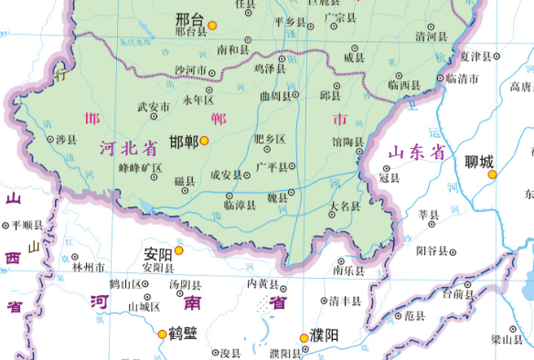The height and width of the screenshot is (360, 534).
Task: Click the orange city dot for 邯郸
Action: pyautogui.click(x=205, y=140)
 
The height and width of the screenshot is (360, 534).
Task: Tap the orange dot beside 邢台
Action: pyautogui.click(x=213, y=24)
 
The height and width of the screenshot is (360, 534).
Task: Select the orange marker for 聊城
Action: pyautogui.click(x=492, y=173)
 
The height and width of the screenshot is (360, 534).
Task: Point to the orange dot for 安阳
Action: pyautogui.click(x=179, y=250)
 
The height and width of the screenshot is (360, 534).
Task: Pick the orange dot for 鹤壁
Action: pyautogui.click(x=163, y=334)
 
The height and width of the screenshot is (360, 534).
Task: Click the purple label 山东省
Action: pyautogui.click(x=415, y=153)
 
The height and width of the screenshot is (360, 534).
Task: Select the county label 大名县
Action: pyautogui.click(x=346, y=206)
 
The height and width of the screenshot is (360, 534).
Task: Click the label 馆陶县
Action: pyautogui.click(x=347, y=142)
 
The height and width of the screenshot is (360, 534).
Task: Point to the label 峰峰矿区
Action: pyautogui.click(x=139, y=168)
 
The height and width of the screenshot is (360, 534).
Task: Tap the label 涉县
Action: pyautogui.click(x=66, y=140)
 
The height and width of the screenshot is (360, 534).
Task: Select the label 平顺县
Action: pyautogui.click(x=27, y=225)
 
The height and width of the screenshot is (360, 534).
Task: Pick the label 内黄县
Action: pyautogui.click(x=262, y=283)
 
